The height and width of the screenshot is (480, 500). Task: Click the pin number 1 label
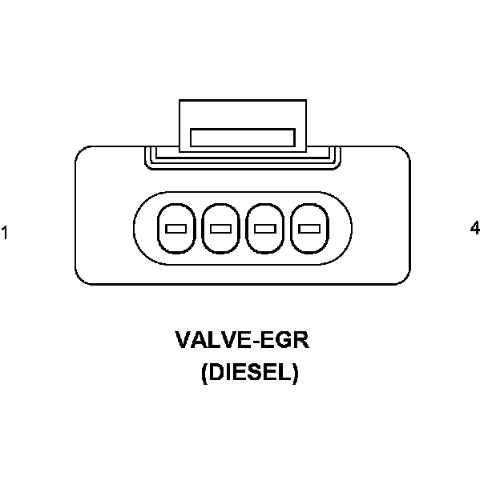pos(5,234)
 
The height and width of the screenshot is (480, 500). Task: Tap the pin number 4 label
pos(475,229)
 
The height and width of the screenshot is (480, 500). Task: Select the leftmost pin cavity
pos(175,229)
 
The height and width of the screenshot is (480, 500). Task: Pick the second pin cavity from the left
pos(220,229)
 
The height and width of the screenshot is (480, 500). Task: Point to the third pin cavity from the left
pos(264,229)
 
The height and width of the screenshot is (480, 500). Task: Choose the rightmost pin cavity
pos(308,229)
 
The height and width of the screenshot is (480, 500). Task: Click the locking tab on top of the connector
pos(242,124)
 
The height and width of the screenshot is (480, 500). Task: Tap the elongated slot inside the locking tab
pos(242,136)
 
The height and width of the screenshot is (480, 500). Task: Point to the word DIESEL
pos(250,373)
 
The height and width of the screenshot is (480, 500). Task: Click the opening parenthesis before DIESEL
pos(205,374)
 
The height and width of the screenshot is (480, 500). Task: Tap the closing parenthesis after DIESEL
pos(295,374)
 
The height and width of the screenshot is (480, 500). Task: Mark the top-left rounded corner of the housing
pos(83,154)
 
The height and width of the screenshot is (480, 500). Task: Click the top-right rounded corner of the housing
pos(401,154)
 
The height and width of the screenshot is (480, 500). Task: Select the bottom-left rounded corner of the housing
pos(83,276)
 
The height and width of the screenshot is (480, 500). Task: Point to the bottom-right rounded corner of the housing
pos(401,276)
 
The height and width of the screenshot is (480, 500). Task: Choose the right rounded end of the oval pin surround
pos(345,229)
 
